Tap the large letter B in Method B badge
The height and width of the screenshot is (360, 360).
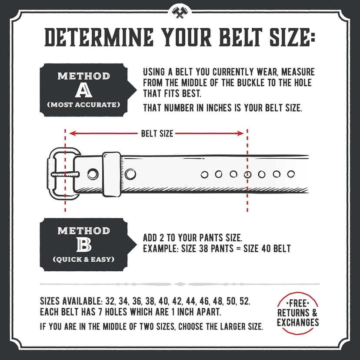pyautogui.click(x=84, y=245)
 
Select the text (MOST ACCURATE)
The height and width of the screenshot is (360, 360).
pyautogui.click(x=84, y=105)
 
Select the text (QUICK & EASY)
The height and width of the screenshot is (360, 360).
pyautogui.click(x=84, y=260)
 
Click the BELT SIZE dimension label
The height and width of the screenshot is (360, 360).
pyautogui.click(x=157, y=134)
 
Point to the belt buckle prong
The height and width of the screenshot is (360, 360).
pyautogui.click(x=65, y=174)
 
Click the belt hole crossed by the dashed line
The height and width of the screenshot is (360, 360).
pyautogui.click(x=247, y=174)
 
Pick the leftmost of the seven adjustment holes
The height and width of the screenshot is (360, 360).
pyautogui.click(x=204, y=174)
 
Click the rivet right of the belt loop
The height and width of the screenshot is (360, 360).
pyautogui.click(x=130, y=174)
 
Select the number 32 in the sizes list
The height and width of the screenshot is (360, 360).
pyautogui.click(x=109, y=301)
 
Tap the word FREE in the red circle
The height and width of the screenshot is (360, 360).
pyautogui.click(x=298, y=303)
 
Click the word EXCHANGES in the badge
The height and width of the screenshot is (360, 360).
pyautogui.click(x=298, y=322)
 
